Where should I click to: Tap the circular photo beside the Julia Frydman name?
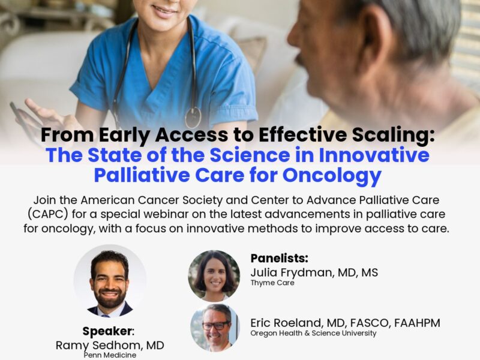pos(214,275)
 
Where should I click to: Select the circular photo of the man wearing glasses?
pos(214,328)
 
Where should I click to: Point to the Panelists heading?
pos(280,259)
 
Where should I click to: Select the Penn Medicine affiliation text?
pos(109,356)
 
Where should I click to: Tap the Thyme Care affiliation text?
pos(273,283)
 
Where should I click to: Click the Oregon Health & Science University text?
pos(314,334)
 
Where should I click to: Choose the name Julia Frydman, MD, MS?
pos(314,272)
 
